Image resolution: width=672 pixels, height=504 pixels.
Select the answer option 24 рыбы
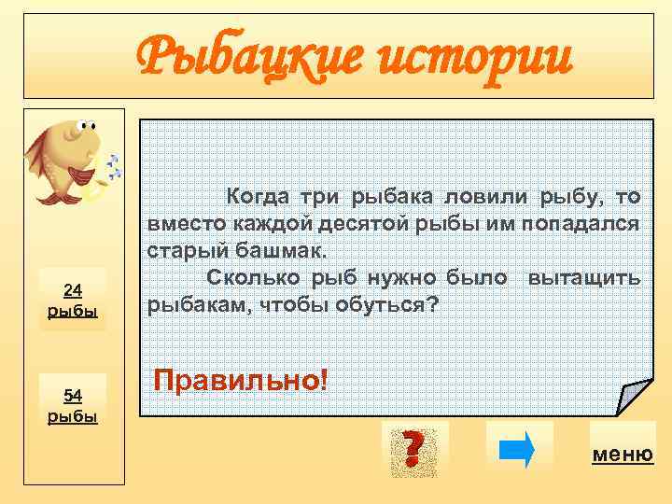[73, 300]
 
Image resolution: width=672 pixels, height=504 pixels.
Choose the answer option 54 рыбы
[73, 405]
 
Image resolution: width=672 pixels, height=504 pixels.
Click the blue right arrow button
[519, 446]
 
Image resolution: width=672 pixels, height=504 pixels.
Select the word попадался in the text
[591, 224]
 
